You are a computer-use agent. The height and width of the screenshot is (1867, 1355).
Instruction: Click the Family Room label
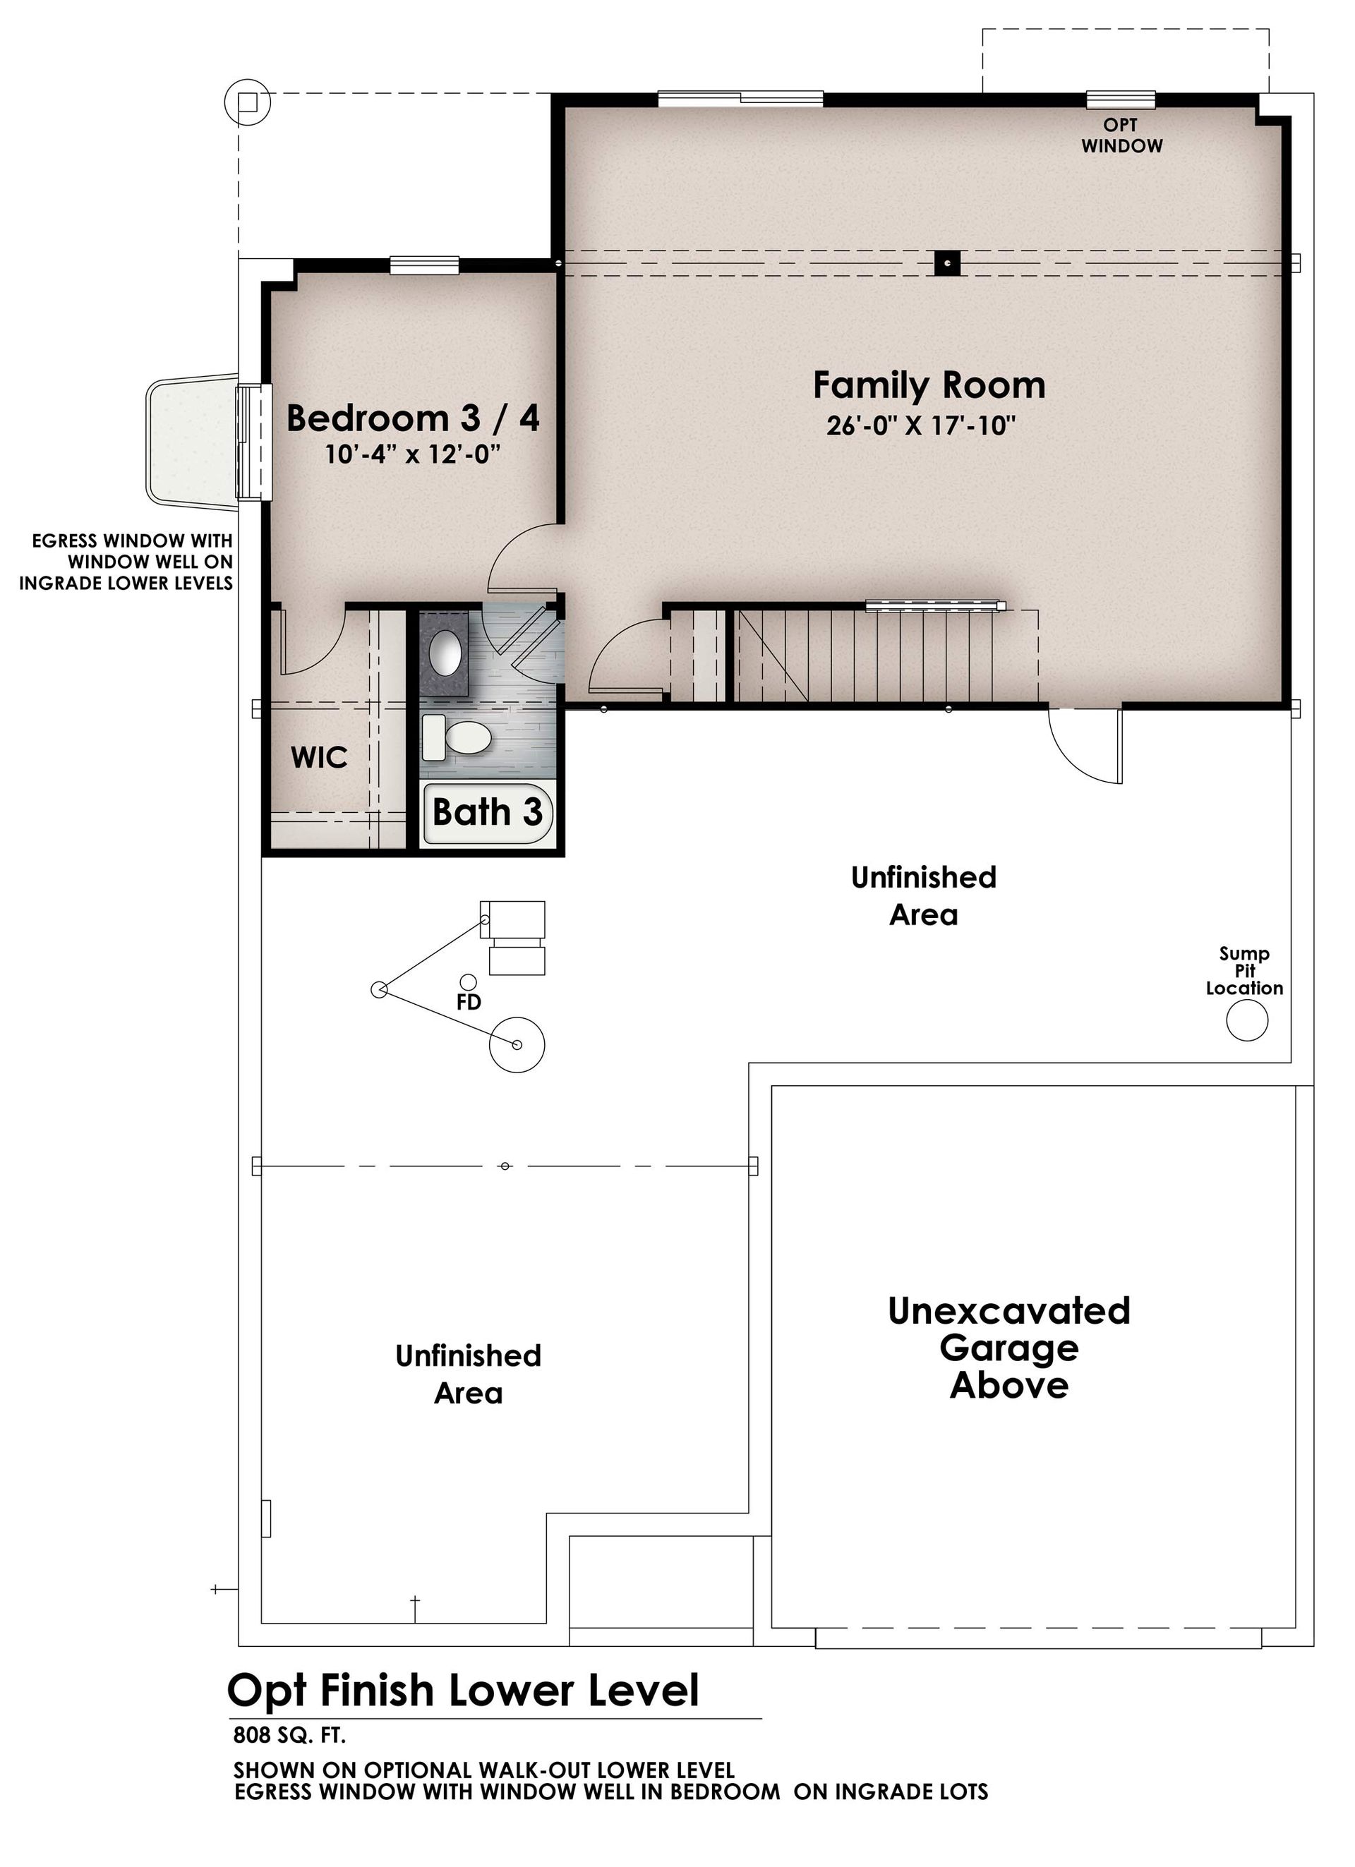point(929,385)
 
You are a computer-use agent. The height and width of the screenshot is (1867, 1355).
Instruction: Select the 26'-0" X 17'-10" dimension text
point(921,425)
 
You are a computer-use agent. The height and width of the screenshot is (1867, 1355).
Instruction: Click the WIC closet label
point(320,757)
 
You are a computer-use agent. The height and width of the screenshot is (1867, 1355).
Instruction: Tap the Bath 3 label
point(488,813)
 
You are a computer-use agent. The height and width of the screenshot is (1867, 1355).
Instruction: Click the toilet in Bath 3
point(456,737)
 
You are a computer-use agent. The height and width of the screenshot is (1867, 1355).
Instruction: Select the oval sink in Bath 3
point(445,653)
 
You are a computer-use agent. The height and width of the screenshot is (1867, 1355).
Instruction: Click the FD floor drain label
point(469,1003)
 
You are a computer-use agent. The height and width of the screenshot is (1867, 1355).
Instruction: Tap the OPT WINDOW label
point(1121,135)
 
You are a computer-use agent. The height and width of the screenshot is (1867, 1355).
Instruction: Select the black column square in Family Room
point(948,263)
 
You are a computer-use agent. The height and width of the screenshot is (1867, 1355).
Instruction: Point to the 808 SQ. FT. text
point(290,1735)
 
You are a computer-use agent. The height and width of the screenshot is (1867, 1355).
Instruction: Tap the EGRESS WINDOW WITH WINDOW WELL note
point(126,562)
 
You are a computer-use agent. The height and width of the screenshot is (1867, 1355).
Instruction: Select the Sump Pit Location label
point(1244,971)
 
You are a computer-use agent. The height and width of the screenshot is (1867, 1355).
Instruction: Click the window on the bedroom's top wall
point(424,265)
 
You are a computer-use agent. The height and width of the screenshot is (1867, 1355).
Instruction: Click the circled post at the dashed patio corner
point(247,102)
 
